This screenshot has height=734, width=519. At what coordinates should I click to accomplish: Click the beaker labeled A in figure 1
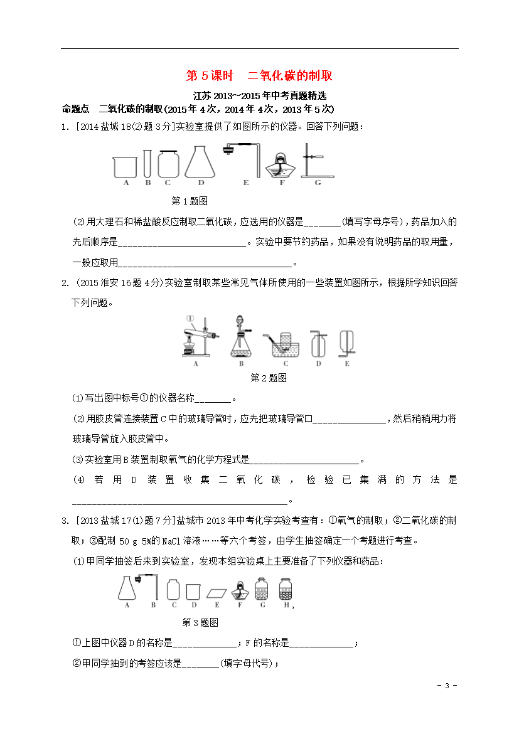126,166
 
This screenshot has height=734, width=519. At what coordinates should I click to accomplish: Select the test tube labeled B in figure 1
147,163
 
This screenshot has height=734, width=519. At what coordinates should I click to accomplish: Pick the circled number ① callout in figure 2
191,318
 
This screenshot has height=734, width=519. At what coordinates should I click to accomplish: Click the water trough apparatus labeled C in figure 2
284,343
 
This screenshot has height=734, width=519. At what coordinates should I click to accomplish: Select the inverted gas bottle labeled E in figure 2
346,343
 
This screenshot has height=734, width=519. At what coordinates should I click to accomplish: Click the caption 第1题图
190,201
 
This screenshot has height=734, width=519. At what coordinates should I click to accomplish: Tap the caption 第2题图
269,378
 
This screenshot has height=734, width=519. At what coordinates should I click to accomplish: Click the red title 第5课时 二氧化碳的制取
259,76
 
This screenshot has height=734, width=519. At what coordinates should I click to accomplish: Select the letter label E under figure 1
246,183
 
